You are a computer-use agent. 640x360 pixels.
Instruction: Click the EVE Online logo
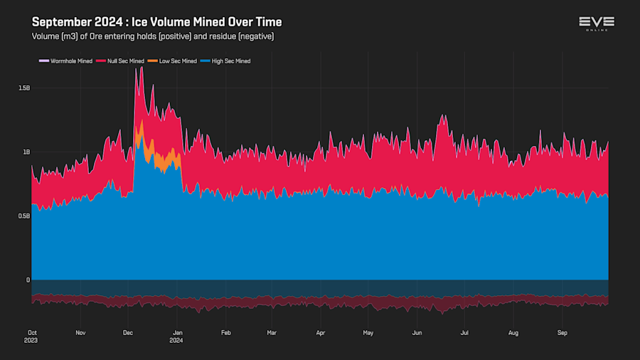coord(597,23)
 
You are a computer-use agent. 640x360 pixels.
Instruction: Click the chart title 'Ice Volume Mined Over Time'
coord(156,22)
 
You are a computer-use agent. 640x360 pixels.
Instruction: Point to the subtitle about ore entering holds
coord(153,36)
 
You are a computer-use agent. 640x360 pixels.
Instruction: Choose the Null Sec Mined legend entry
coord(125,61)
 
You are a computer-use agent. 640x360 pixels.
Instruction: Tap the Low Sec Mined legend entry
coord(177,61)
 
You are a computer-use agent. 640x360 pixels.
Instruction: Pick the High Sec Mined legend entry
coord(230,61)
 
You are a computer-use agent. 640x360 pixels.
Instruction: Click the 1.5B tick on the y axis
coord(24,88)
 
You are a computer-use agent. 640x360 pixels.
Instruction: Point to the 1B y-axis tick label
coord(26,152)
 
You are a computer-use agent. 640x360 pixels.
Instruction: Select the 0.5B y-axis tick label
coord(24,216)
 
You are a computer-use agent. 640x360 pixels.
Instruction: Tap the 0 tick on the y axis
coord(28,280)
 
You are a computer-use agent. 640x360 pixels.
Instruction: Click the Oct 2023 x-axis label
coord(32,336)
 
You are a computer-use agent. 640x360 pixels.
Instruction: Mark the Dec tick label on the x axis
coord(128,332)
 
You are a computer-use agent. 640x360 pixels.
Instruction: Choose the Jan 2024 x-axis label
coord(176,336)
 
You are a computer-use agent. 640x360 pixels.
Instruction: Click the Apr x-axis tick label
coord(321,332)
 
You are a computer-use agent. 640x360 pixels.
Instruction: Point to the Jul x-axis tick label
coord(464,332)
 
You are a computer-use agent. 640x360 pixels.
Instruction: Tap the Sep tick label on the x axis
coord(562,332)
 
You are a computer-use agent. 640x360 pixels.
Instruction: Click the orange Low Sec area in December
coord(170,160)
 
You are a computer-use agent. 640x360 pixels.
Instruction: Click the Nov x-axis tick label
coord(80,332)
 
